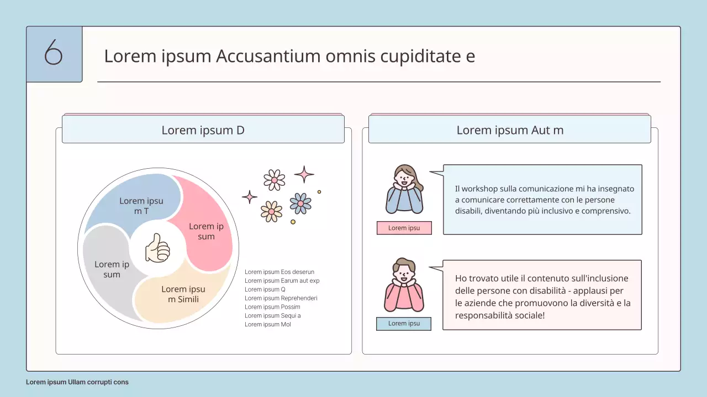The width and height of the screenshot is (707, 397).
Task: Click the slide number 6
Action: pos(54,53)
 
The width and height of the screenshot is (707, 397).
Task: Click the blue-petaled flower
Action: pos(300,203)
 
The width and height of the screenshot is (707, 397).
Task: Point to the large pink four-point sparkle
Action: pos(304,174)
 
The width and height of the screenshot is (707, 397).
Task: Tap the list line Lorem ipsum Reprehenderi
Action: pos(281,298)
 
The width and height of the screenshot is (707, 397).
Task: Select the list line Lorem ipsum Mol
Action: pos(268,324)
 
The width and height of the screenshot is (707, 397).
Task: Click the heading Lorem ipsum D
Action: pos(203,130)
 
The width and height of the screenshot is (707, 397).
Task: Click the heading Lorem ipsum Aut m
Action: pos(509,130)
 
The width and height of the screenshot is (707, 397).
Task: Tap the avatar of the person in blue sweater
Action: pos(404,189)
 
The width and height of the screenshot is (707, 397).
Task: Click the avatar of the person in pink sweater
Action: pos(404,285)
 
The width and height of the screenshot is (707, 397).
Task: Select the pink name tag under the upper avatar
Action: pos(404,228)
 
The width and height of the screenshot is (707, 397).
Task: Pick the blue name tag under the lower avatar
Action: pos(404,324)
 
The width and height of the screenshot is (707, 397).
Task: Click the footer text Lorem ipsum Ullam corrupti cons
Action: pos(77,382)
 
